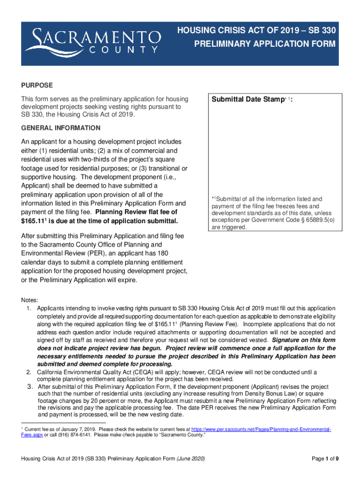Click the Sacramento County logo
[x=93, y=41]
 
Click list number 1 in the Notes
[x=29, y=308]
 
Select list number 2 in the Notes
[x=29, y=372]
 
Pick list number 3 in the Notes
[x=29, y=387]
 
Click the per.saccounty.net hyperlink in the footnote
[x=261, y=429]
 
